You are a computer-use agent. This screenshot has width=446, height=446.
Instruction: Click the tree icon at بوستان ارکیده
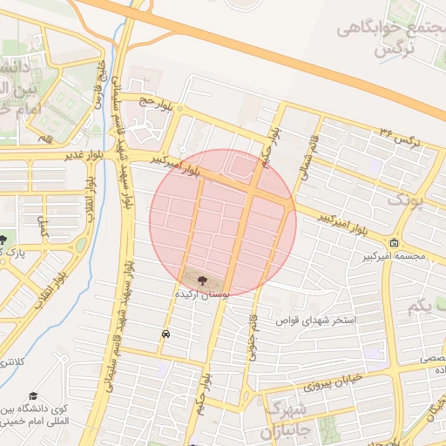click(203, 280)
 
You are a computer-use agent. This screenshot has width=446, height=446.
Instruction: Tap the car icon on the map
click(166, 334)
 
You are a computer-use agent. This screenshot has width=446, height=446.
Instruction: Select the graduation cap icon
click(32, 395)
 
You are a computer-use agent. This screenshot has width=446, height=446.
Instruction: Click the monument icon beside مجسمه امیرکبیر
click(395, 243)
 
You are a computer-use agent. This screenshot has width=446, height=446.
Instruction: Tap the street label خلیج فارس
click(103, 75)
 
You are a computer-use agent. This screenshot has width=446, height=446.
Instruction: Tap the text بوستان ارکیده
click(202, 295)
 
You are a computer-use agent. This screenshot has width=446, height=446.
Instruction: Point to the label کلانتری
click(15, 361)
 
